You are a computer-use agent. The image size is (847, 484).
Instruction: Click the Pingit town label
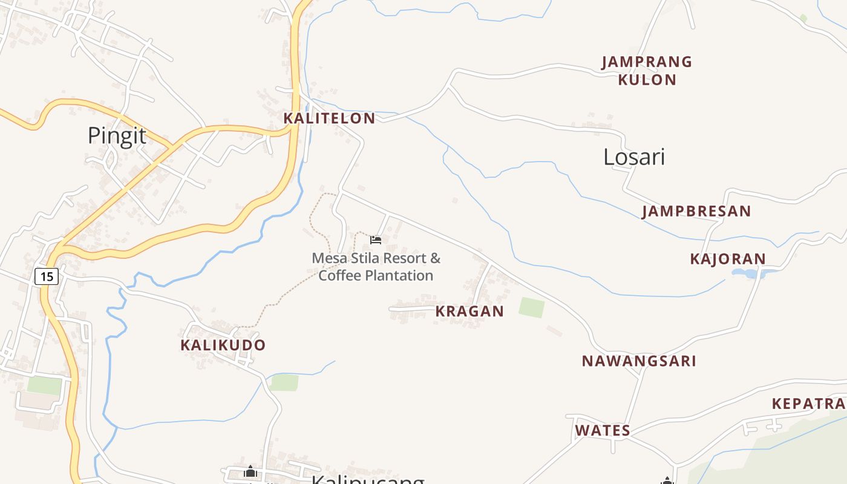point(117,136)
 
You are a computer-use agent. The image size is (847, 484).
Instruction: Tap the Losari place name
point(634,157)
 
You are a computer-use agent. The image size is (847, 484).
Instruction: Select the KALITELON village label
point(330,119)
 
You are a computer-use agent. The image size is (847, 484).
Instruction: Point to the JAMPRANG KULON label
point(647,71)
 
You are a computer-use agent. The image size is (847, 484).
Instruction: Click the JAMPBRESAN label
point(696,212)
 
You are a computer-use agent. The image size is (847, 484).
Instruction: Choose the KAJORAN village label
point(728,260)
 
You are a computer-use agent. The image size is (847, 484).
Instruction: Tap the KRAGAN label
point(469,312)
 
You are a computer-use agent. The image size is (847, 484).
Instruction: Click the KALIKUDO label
point(223,345)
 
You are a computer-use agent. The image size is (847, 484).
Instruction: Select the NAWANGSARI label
point(639,361)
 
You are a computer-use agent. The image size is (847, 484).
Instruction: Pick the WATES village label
point(603,431)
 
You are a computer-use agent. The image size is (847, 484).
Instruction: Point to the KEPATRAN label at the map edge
point(809,404)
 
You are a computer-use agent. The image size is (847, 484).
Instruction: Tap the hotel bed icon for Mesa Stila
point(376,240)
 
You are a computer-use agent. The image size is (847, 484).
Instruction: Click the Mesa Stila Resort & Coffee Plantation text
point(376,267)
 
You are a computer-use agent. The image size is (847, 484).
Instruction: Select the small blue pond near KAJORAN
point(748,273)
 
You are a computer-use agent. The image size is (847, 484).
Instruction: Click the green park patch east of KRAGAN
point(531,307)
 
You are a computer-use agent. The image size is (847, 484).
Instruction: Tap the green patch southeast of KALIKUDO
point(284,382)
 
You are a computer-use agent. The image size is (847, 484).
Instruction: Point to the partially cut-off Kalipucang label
point(368,479)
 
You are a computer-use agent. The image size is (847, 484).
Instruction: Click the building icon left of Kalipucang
point(250,471)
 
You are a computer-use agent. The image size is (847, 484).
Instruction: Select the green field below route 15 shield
point(44,385)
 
